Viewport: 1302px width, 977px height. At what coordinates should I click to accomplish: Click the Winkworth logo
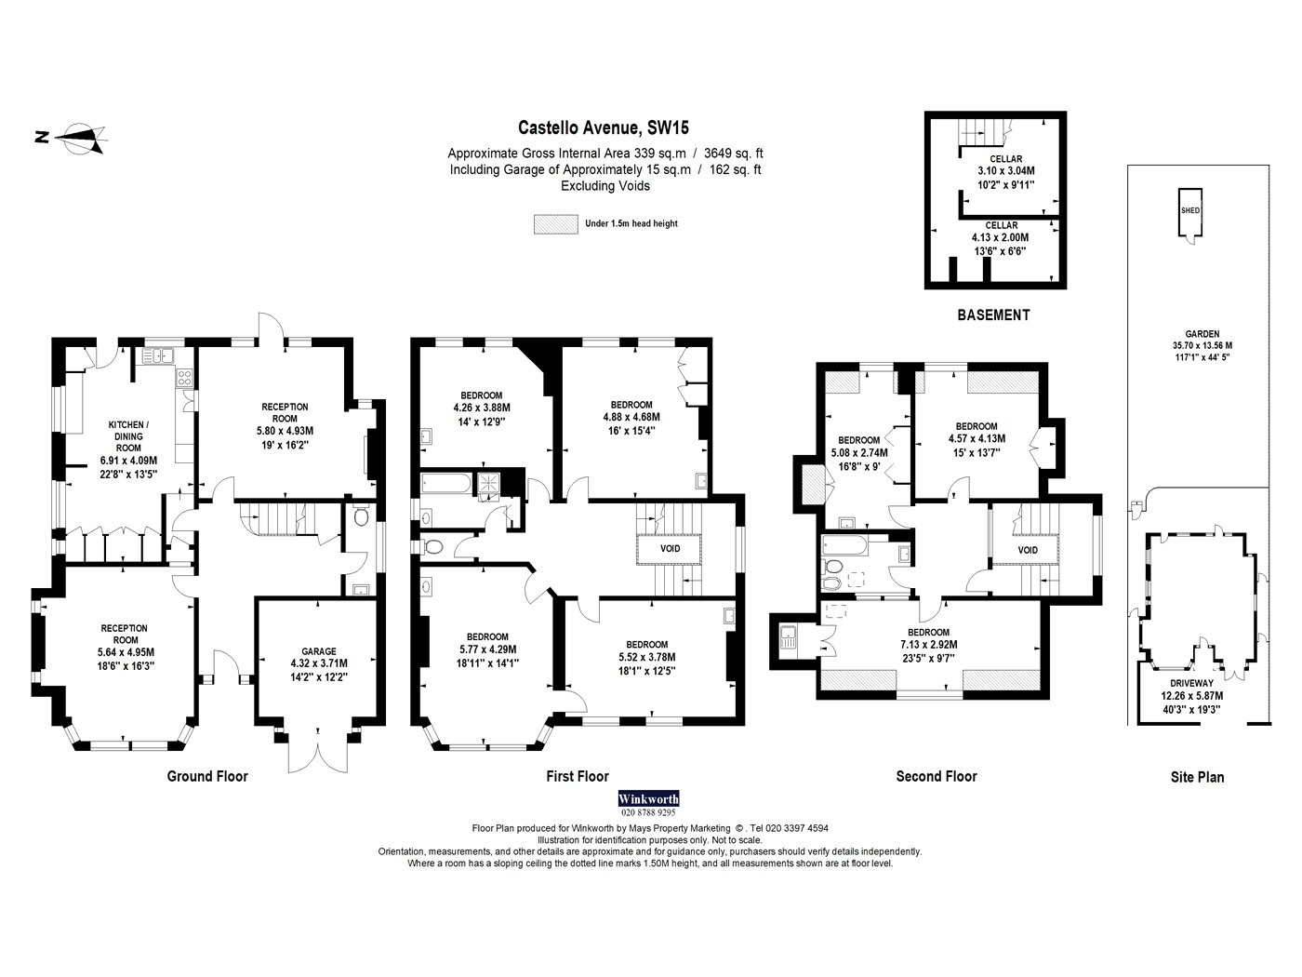pyautogui.click(x=648, y=798)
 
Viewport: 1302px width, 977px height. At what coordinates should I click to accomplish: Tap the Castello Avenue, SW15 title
pyautogui.click(x=604, y=127)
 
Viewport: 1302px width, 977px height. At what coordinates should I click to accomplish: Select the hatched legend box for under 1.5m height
pyautogui.click(x=556, y=224)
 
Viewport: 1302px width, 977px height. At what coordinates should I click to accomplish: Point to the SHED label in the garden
pyautogui.click(x=1189, y=210)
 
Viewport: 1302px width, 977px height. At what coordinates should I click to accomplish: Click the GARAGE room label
pyautogui.click(x=319, y=651)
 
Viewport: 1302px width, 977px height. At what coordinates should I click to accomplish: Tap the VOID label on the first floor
pyautogui.click(x=670, y=549)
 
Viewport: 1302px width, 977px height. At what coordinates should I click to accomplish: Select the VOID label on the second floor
pyautogui.click(x=1028, y=551)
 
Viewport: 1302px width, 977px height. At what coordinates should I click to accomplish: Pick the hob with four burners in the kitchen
pyautogui.click(x=184, y=378)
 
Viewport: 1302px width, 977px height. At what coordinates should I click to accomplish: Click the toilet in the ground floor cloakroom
pyautogui.click(x=361, y=517)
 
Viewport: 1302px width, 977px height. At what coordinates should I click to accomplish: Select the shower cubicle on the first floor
pyautogui.click(x=489, y=483)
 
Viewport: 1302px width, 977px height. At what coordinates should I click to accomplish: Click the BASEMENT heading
pyautogui.click(x=993, y=315)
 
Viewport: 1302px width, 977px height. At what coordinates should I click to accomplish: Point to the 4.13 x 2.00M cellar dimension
pyautogui.click(x=1000, y=238)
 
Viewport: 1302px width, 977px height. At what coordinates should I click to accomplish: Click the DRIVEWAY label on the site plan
pyautogui.click(x=1191, y=683)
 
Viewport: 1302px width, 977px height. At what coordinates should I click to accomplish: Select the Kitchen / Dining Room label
pyautogui.click(x=128, y=436)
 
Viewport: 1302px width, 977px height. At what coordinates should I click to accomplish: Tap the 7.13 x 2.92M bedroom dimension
pyautogui.click(x=928, y=645)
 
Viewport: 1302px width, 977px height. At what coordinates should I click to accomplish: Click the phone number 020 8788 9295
pyautogui.click(x=648, y=812)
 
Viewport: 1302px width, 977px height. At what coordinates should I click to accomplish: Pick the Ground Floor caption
pyautogui.click(x=207, y=777)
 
